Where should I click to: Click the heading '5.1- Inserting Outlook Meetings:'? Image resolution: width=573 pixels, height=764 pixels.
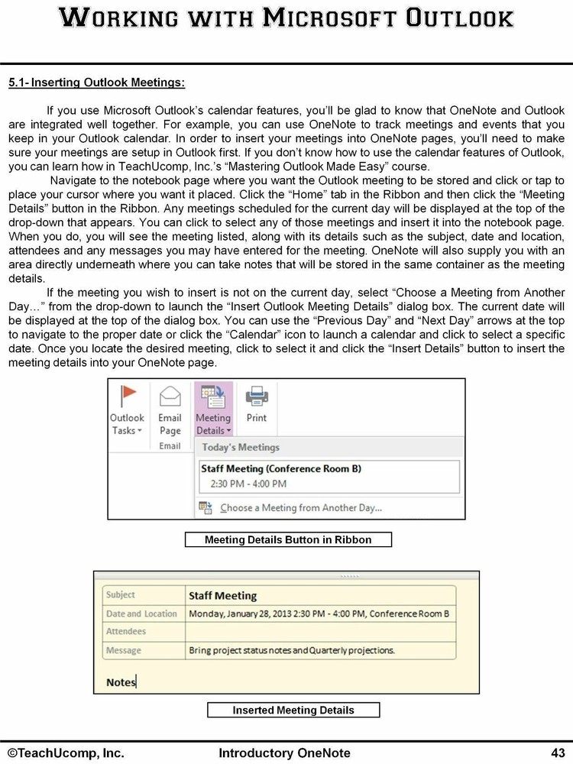(x=96, y=82)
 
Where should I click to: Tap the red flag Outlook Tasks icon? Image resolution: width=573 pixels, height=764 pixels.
(x=127, y=396)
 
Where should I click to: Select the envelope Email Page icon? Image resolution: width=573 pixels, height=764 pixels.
(x=170, y=397)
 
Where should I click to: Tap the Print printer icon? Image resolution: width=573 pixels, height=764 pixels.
(x=257, y=397)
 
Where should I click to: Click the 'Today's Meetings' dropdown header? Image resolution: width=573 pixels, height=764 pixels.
(x=241, y=447)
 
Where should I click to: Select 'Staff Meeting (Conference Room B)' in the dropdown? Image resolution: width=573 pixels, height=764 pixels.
(x=280, y=468)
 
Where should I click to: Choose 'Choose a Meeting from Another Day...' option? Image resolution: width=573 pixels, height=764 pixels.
(x=301, y=507)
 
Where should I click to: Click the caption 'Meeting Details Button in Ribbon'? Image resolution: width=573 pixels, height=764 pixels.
(x=288, y=540)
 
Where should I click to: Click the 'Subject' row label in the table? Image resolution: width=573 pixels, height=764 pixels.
(x=121, y=595)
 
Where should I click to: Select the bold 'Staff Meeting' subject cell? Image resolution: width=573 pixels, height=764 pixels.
(x=222, y=595)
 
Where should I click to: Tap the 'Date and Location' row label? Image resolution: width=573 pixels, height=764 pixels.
(x=141, y=613)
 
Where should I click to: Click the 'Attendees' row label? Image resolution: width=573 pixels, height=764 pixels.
(x=126, y=632)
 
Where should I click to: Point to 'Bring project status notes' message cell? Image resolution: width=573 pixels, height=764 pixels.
(x=291, y=650)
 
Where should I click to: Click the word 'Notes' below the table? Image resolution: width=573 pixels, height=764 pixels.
(x=121, y=681)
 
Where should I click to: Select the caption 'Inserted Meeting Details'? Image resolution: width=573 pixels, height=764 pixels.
(x=293, y=711)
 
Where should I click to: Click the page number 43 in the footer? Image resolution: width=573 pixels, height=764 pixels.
(x=557, y=753)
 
